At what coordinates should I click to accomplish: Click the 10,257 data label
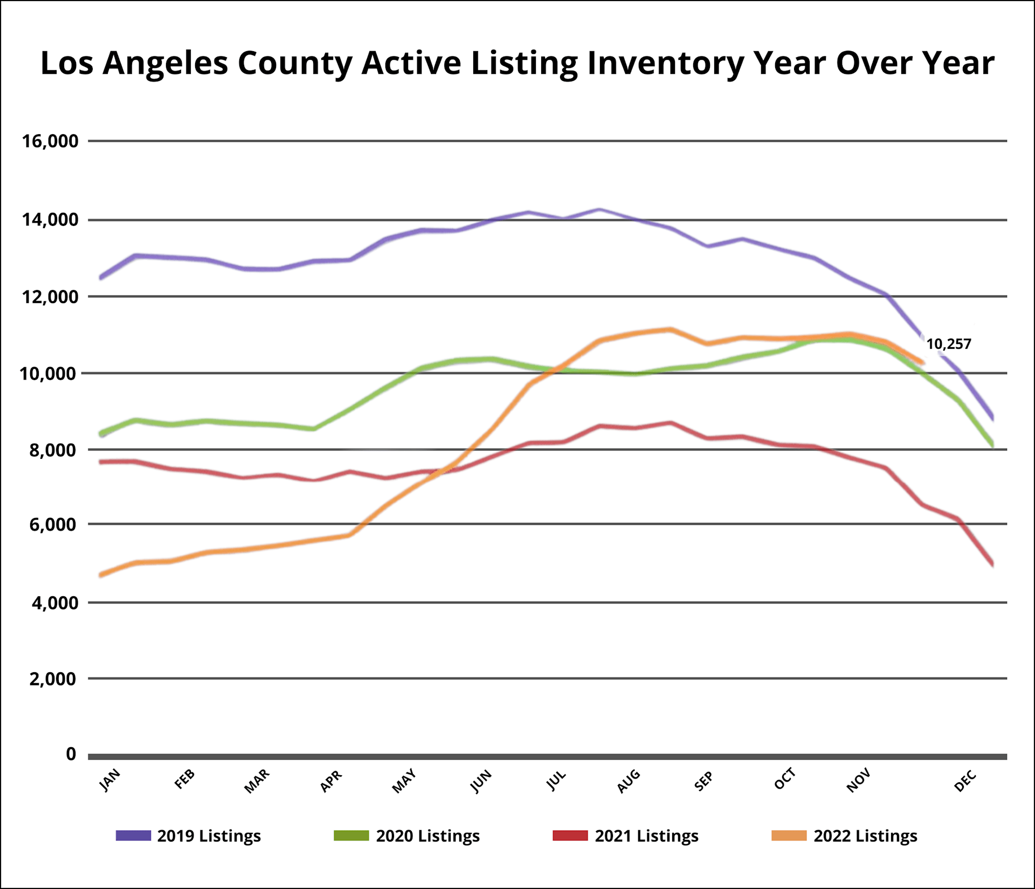click(x=948, y=344)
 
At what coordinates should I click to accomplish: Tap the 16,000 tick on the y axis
click(x=50, y=141)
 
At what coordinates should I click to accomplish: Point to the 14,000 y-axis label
click(x=50, y=220)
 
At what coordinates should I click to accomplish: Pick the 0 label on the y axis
click(x=71, y=754)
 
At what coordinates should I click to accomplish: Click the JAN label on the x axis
click(x=111, y=780)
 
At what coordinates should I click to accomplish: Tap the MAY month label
click(x=404, y=781)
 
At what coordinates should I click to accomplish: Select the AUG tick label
click(x=629, y=781)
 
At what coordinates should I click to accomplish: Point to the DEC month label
click(x=965, y=781)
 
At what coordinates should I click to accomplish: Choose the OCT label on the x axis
click(x=785, y=780)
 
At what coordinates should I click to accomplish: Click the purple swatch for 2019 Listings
click(x=133, y=836)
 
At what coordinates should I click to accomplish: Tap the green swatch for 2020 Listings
click(x=351, y=836)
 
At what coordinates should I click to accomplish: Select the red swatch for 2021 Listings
click(x=570, y=836)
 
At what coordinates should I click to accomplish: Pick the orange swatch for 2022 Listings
click(x=789, y=836)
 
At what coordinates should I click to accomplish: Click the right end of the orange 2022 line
click(x=923, y=363)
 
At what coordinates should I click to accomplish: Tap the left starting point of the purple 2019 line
click(x=101, y=278)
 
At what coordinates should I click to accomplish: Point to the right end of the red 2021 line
click(x=992, y=564)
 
